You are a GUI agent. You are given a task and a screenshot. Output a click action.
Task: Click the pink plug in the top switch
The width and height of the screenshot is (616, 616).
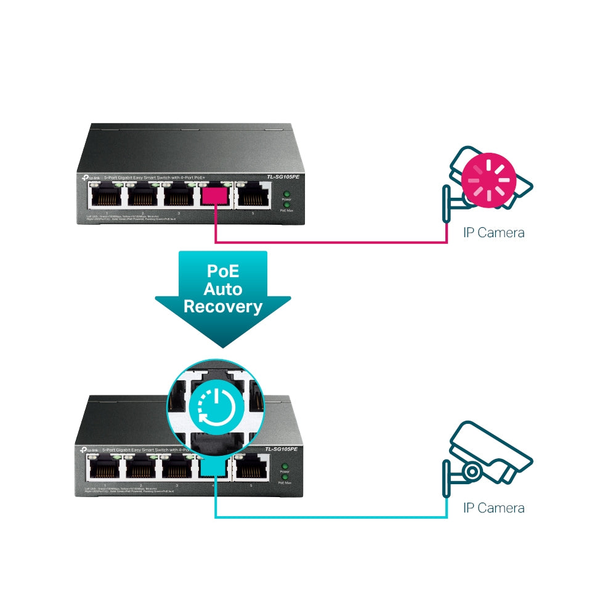click(216, 196)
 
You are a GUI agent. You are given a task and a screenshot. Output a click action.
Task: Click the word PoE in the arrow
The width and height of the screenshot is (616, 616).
click(223, 271)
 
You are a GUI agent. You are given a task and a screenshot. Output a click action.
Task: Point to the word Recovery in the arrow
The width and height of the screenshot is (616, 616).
click(223, 306)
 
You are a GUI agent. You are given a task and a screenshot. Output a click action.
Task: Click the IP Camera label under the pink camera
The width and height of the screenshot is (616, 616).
click(494, 233)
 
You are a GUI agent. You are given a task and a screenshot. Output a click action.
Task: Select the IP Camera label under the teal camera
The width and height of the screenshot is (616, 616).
click(494, 508)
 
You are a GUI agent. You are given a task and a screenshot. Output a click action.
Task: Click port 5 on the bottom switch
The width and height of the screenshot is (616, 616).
click(252, 471)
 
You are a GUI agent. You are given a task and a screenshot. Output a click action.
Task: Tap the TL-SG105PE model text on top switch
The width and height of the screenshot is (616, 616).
click(282, 177)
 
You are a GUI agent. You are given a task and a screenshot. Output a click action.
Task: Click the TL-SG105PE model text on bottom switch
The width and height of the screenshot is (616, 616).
click(281, 450)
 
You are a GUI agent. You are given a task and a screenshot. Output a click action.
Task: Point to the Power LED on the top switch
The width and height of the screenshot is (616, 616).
click(286, 194)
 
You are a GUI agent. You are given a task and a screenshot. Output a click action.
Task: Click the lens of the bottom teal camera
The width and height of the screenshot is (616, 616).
click(472, 472)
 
